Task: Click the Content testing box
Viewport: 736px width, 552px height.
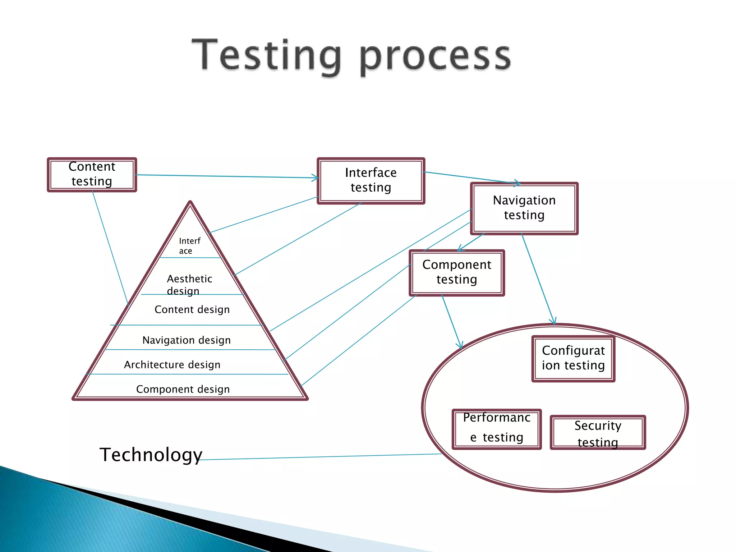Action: tap(92, 175)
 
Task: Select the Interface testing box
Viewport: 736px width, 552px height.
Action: tap(371, 181)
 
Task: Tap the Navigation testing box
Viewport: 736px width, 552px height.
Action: tap(524, 208)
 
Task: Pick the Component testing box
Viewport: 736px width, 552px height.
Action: tap(457, 273)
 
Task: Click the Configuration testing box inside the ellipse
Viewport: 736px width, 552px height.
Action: tap(573, 359)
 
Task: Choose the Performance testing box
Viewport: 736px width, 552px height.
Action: tap(497, 429)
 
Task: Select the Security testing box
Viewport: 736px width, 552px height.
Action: tap(598, 433)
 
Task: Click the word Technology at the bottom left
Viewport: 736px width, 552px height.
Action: tap(151, 455)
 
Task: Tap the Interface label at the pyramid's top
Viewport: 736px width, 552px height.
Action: tap(189, 246)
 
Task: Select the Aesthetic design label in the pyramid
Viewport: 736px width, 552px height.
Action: tap(189, 284)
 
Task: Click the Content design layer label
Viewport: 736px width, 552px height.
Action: tap(192, 309)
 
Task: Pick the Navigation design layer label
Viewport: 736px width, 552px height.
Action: tap(187, 340)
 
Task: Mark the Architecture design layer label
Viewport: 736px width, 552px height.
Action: tap(172, 365)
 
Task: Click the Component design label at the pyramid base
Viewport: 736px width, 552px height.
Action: tap(183, 389)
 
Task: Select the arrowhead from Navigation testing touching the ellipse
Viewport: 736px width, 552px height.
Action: tap(554, 322)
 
